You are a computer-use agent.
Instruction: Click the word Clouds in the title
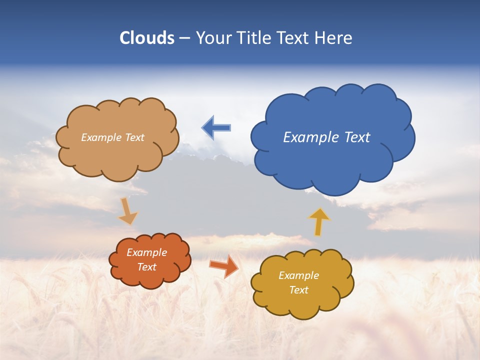coord(147,38)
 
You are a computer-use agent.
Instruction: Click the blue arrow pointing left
coord(216,128)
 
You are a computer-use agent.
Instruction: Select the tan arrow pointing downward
coord(127,211)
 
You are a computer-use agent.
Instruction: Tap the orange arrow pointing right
coord(223,265)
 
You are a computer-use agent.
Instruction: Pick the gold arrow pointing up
coord(319,221)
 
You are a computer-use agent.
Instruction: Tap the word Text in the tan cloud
coord(135,137)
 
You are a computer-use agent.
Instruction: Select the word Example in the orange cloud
coord(146,253)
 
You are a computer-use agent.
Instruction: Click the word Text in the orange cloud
coord(147,267)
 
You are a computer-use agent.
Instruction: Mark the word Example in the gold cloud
coord(298,275)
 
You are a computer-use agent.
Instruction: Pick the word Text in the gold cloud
coord(298,290)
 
